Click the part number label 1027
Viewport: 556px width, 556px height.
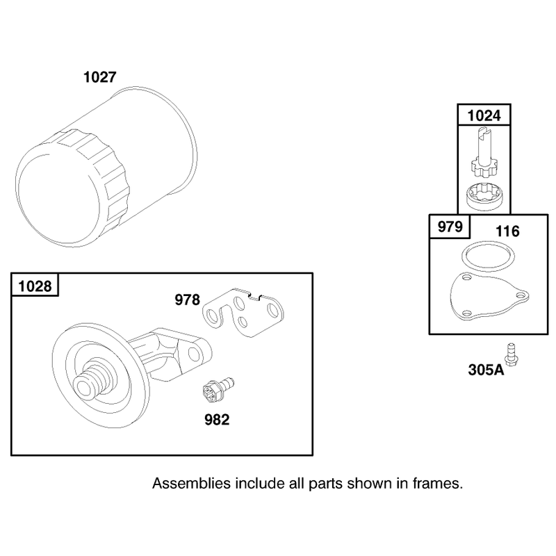[99, 77]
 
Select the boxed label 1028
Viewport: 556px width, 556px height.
[35, 286]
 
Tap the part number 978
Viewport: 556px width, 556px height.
[187, 300]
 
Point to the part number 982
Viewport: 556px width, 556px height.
[217, 420]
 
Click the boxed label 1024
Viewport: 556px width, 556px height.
[484, 115]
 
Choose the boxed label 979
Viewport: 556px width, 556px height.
[450, 227]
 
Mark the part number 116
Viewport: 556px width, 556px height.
[507, 231]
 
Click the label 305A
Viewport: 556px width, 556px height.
[486, 370]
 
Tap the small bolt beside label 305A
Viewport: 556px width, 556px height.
[512, 355]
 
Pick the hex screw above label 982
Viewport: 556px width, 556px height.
[217, 389]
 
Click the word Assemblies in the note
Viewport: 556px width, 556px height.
[191, 483]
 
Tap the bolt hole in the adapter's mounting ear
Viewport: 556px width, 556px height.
[194, 354]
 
